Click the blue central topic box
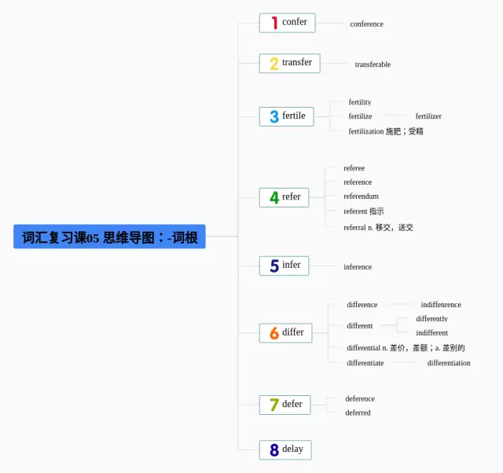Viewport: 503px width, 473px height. click(109, 236)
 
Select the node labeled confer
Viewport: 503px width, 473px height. click(287, 23)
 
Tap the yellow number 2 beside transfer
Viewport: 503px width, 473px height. click(274, 64)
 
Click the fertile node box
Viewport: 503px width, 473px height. click(286, 116)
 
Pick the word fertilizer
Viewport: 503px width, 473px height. click(428, 116)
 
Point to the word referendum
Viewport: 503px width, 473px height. click(361, 196)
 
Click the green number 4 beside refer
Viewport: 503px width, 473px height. click(274, 198)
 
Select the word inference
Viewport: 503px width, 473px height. click(358, 267)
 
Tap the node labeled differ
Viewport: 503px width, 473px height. click(285, 333)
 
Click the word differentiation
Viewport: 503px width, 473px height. click(449, 363)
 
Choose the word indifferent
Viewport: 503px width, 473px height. click(431, 333)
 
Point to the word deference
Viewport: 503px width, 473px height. click(360, 399)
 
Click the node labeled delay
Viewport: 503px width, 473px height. click(285, 450)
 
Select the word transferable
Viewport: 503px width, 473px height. click(373, 64)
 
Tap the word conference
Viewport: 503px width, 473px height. click(366, 24)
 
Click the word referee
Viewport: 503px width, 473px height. click(354, 168)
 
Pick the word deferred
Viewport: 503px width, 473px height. click(358, 413)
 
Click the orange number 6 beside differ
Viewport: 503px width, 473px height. click(274, 333)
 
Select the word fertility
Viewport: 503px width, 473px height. click(360, 103)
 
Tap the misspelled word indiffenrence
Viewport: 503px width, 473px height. click(441, 305)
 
